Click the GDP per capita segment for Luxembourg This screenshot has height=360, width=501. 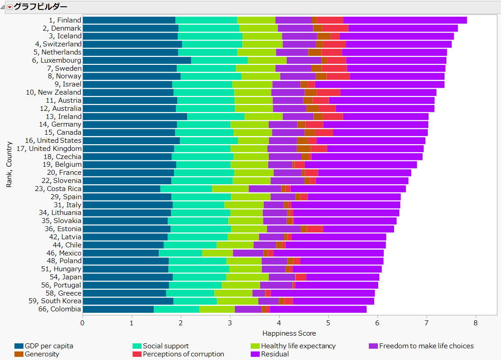pyautogui.click(x=137, y=60)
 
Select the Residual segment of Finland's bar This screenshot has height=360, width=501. pyautogui.click(x=405, y=20)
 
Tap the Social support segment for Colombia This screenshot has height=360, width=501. pyautogui.click(x=176, y=309)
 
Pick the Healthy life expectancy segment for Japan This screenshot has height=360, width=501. pyautogui.click(x=247, y=277)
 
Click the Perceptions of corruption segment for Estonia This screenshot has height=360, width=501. pyautogui.click(x=315, y=229)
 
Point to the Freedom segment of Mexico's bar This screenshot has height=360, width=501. pyautogui.click(x=248, y=253)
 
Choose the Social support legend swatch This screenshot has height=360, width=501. pyautogui.click(x=137, y=346)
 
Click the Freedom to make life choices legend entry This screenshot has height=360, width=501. pyautogui.click(x=426, y=346)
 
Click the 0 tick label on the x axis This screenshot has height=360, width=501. pyautogui.click(x=83, y=323)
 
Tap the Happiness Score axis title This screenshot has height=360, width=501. pyautogui.click(x=289, y=333)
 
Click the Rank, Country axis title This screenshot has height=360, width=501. pyautogui.click(x=9, y=164)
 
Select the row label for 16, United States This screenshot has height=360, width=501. pyautogui.click(x=53, y=141)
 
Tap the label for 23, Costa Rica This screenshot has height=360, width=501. pyautogui.click(x=58, y=189)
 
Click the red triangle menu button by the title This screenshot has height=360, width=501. pyautogui.click(x=9, y=7)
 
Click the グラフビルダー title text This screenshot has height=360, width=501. pyautogui.click(x=41, y=7)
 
